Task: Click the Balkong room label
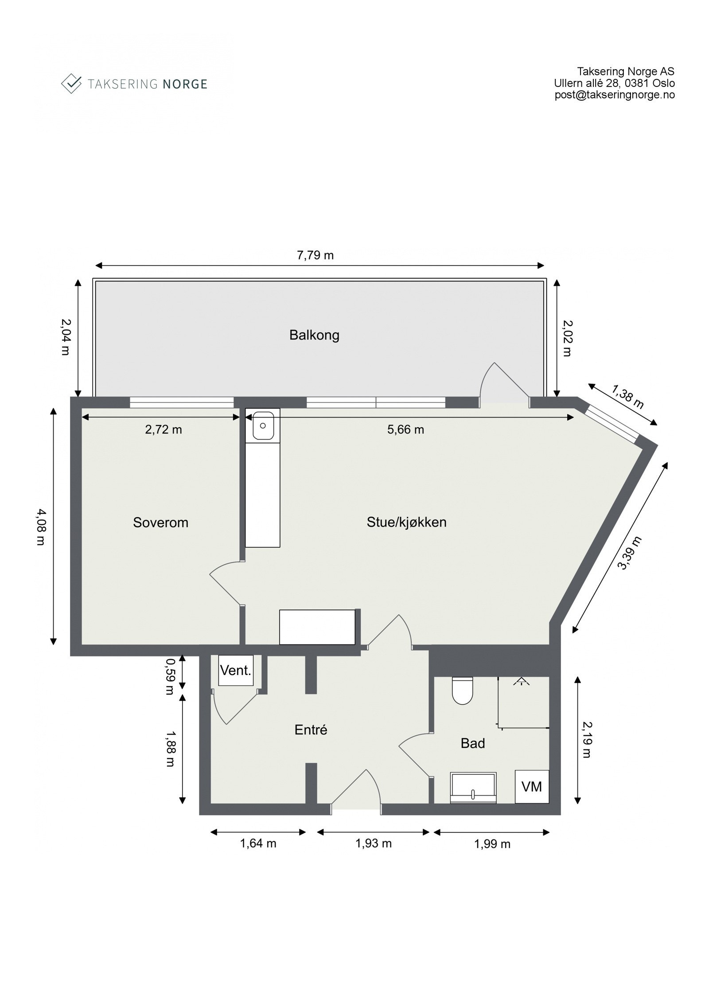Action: (x=314, y=335)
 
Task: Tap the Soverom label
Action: (x=160, y=523)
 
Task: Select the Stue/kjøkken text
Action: (x=406, y=522)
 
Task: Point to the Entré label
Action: (x=311, y=730)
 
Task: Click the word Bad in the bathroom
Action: (x=472, y=743)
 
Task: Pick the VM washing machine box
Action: (x=531, y=787)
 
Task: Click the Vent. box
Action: (x=236, y=671)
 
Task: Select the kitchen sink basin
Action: (x=263, y=425)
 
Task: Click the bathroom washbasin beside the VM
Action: (x=473, y=788)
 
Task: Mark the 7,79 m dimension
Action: (x=315, y=256)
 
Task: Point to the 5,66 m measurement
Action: (x=405, y=429)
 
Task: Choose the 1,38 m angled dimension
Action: (x=627, y=397)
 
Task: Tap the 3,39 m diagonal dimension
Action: (x=630, y=553)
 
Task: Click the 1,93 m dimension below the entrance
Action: (x=373, y=843)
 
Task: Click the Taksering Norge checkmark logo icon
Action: (x=71, y=83)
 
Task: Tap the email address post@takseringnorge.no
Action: (x=615, y=94)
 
